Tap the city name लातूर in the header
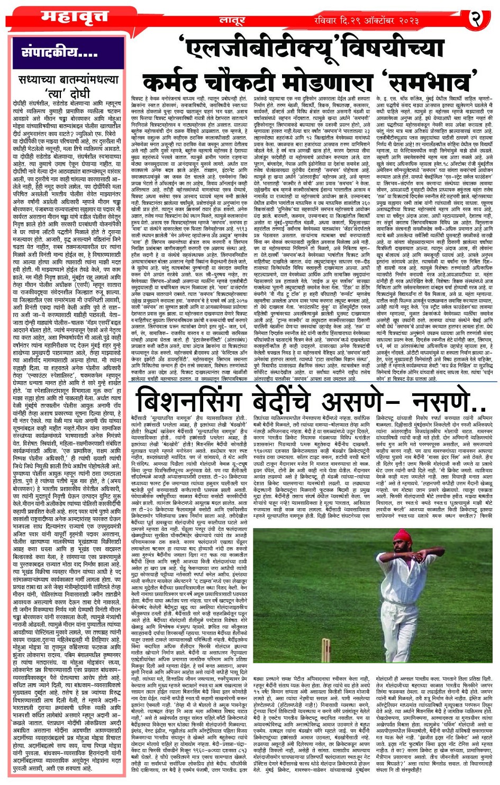tap(232, 20)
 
